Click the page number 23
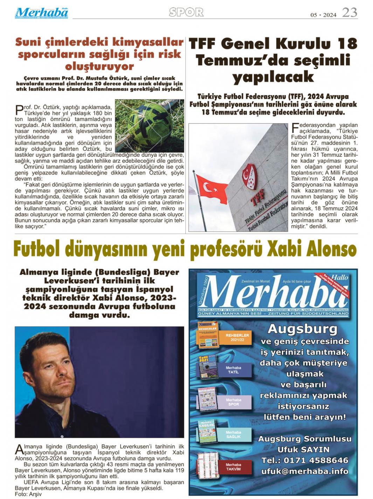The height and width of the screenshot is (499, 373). [x=349, y=13]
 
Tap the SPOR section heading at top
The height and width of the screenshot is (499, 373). [x=186, y=12]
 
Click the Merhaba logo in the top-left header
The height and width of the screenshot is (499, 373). [x=41, y=13]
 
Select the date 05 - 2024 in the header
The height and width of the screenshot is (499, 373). [x=323, y=15]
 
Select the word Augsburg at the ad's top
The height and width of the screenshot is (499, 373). [x=302, y=329]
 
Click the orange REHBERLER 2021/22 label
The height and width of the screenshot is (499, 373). [x=237, y=337]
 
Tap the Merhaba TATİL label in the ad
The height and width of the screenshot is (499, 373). [x=233, y=370]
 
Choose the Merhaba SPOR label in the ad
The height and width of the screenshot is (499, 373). [x=233, y=402]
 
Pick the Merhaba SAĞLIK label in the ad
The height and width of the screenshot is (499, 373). [x=233, y=434]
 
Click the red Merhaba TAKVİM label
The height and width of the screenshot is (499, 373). [x=233, y=467]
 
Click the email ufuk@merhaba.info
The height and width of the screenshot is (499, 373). [x=304, y=471]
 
